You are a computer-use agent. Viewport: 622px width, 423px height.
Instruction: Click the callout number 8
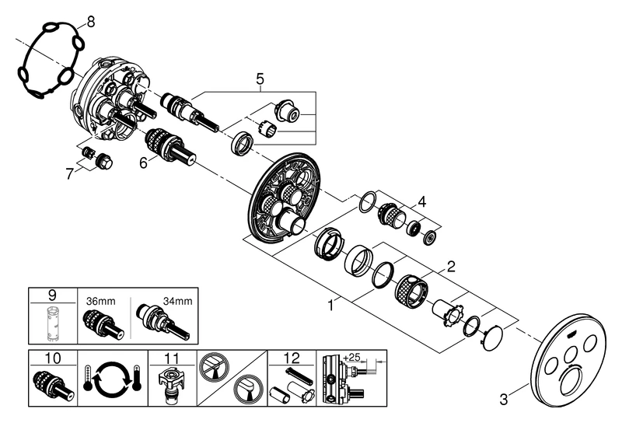tap(90, 23)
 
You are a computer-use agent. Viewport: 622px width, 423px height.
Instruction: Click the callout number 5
tap(260, 79)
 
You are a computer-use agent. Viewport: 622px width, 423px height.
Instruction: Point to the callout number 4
tap(422, 202)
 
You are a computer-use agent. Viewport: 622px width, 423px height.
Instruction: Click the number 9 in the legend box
tap(51, 295)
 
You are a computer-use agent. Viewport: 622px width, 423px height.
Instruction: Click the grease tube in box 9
tap(52, 323)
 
